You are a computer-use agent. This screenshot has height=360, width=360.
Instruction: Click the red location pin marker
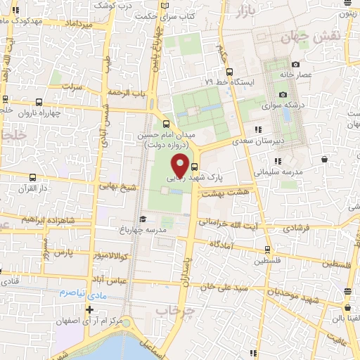click(x=180, y=166)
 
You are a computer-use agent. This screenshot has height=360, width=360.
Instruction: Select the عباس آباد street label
click(x=108, y=279)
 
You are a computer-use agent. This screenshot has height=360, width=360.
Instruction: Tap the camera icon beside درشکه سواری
click(x=283, y=94)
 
